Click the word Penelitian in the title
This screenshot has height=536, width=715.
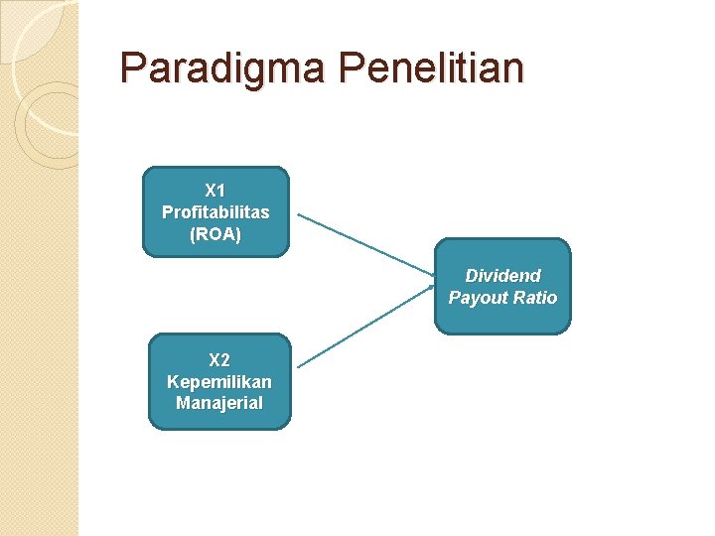431,68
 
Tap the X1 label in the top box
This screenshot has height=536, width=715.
215,190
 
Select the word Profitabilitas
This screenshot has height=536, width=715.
215,212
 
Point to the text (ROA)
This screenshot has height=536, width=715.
215,235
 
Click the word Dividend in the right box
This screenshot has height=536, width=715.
503,276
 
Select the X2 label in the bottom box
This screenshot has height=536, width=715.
218,359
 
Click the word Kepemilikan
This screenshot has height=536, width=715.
219,381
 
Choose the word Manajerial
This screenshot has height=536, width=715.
219,403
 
